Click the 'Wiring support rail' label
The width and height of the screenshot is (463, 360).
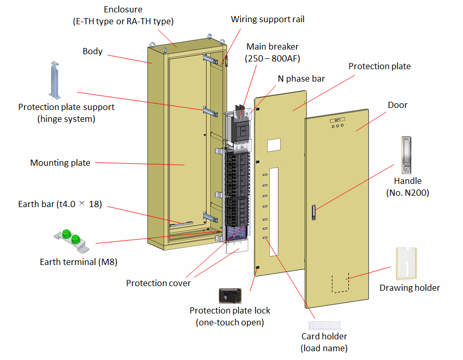(267, 20)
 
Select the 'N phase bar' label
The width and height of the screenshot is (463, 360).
(301, 79)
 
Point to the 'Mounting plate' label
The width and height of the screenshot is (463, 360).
(60, 163)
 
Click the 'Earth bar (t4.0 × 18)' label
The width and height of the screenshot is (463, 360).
(60, 204)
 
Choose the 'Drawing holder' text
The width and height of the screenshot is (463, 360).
(409, 288)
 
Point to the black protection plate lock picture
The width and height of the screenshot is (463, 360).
(230, 295)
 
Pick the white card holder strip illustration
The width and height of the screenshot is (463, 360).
(324, 325)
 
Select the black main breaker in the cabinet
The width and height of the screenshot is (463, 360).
(241, 124)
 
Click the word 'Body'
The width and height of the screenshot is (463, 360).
(92, 52)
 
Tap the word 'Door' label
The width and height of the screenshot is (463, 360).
(397, 105)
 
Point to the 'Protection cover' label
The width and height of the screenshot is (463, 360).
(158, 283)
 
